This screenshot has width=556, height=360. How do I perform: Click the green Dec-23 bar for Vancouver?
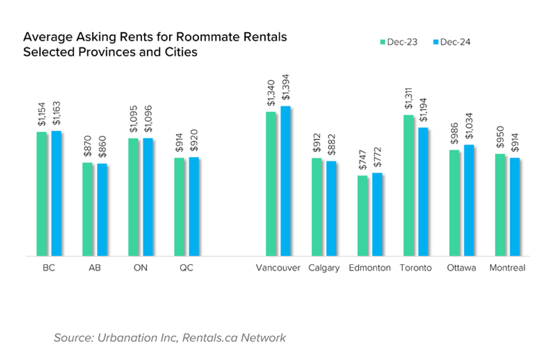[x=271, y=184]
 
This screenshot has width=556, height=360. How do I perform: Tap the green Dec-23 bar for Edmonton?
[x=362, y=216]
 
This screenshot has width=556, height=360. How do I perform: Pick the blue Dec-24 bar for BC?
[x=56, y=193]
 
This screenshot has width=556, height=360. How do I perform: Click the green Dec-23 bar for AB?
[x=87, y=209]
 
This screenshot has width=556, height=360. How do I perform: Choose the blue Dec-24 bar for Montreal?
[x=515, y=207]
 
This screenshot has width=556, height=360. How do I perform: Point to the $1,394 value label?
[x=285, y=91]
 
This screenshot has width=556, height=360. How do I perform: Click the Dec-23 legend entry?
[x=399, y=41]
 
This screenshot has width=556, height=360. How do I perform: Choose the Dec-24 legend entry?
[x=452, y=41]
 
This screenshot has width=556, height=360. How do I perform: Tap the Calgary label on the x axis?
[x=324, y=268]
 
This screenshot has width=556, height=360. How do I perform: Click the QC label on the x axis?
[x=186, y=268]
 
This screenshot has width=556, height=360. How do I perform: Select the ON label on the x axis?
[x=140, y=268]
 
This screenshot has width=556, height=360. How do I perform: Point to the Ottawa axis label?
[x=461, y=268]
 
